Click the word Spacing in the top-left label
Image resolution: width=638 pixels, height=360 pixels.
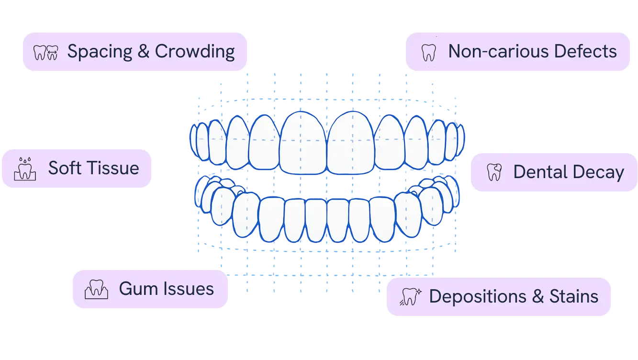(x=100, y=52)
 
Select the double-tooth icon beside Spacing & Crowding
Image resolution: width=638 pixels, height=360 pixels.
(x=46, y=52)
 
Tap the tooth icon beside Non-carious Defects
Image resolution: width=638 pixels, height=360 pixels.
(x=428, y=52)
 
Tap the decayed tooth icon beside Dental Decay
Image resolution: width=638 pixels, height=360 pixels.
(x=494, y=172)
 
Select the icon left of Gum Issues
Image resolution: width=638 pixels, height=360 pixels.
(x=96, y=289)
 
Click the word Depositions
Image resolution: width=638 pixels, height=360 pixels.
(x=478, y=296)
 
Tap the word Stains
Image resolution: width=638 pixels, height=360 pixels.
(x=573, y=296)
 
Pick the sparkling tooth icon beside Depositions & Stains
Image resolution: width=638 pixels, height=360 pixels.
(x=411, y=297)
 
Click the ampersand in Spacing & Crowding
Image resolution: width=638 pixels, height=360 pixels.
(x=144, y=52)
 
